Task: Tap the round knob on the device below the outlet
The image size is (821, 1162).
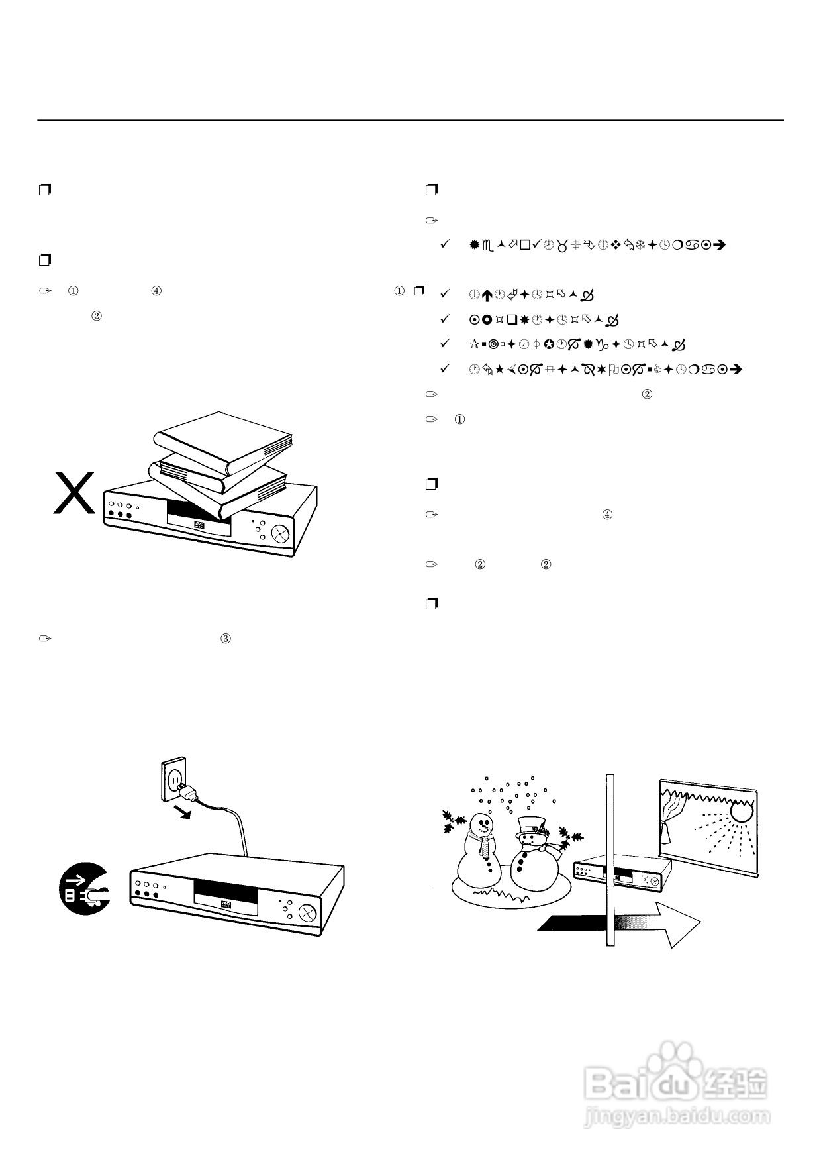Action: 308,913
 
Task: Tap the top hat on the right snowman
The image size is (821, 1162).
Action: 530,825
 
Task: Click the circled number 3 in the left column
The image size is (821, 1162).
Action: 226,639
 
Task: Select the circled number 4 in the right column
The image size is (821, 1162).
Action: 607,514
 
